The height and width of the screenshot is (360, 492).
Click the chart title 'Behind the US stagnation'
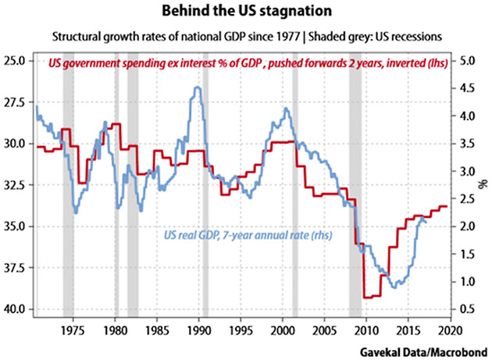[246, 14]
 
